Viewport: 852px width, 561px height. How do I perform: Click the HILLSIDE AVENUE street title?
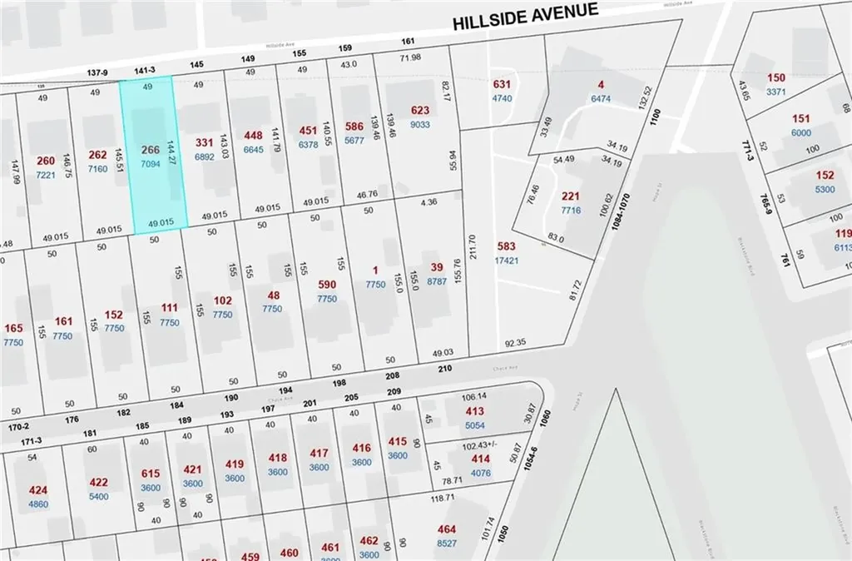coord(525,16)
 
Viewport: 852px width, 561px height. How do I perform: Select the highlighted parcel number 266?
coord(151,150)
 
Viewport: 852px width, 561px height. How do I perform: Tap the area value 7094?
coord(151,164)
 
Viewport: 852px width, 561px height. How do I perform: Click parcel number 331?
coord(205,142)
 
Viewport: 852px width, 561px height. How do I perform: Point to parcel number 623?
coord(420,111)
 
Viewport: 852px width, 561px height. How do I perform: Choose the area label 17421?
coord(507,260)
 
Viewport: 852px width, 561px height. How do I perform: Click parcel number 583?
coord(507,246)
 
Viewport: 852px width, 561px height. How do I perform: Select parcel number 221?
coord(570,196)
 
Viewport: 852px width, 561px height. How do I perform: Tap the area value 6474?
coord(601,98)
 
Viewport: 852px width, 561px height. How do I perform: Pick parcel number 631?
coord(502,84)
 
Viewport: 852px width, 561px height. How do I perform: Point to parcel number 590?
coord(327,285)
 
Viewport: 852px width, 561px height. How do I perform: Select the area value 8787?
coord(437,281)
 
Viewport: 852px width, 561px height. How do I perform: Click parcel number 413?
coord(474,411)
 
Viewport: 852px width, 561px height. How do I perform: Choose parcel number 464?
coord(447,529)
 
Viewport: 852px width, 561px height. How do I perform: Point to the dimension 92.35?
coord(515,342)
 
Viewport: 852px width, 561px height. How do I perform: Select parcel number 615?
coord(151,474)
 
